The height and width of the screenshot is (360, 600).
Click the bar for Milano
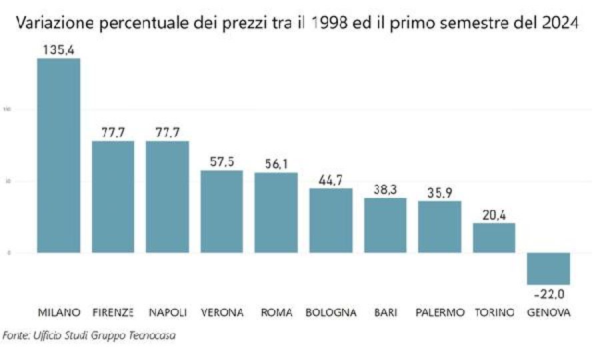59,155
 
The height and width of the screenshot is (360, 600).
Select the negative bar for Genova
549,269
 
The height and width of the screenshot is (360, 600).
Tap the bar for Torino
494,237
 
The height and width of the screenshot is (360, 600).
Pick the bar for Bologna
331,220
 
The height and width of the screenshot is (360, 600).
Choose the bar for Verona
222,211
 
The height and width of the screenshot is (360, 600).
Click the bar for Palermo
439,227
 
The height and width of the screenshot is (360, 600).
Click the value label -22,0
549,294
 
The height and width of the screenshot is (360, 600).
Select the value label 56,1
276,164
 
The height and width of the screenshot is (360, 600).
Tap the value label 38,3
385,189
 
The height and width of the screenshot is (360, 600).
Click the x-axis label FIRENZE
113,312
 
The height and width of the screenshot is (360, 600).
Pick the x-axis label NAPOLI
167,312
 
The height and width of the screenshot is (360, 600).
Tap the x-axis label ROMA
276,312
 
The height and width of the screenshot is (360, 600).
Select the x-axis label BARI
385,312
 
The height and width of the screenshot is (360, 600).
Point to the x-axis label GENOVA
549,312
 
